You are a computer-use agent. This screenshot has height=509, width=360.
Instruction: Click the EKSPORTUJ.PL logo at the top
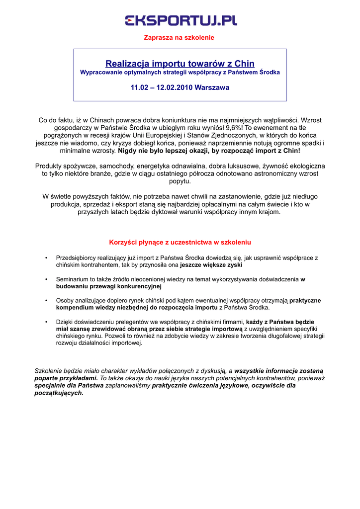point(180,20)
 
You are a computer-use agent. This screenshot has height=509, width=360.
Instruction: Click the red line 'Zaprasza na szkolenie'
point(179,38)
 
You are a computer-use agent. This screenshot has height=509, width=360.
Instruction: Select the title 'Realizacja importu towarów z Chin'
point(180,64)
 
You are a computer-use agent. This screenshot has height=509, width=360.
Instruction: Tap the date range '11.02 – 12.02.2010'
point(162,87)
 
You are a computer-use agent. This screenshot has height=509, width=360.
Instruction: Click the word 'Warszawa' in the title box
point(212,87)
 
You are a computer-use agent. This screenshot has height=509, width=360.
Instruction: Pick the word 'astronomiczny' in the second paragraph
point(273,173)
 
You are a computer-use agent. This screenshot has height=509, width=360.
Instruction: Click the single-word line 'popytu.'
point(180,181)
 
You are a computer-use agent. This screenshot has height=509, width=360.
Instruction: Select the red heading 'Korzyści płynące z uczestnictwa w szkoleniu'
point(180,243)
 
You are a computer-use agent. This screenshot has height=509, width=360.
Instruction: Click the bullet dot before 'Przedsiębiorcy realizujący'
point(46,258)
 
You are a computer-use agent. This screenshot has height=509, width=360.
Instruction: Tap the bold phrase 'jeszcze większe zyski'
point(211,265)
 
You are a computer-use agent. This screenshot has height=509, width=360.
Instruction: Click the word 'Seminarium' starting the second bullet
point(72,279)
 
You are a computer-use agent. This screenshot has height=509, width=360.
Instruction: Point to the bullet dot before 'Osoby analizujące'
point(46,301)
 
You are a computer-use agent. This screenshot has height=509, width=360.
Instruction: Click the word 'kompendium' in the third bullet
point(74,308)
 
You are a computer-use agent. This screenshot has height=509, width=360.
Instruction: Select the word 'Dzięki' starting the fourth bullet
point(65,322)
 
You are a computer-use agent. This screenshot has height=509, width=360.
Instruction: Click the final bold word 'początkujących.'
point(59,393)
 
